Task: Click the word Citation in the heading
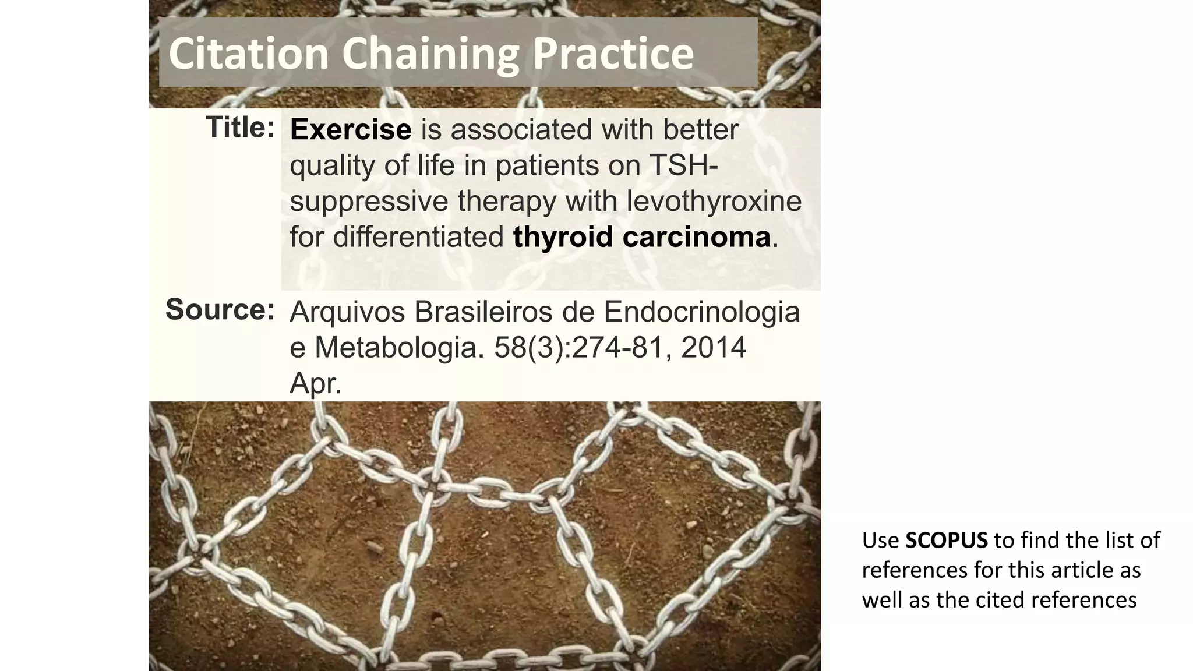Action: [x=249, y=54]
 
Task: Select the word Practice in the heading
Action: [x=613, y=54]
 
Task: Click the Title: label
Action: [x=239, y=128]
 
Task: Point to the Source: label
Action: [x=220, y=309]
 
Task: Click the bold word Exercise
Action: [x=350, y=129]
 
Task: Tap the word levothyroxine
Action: [x=714, y=202]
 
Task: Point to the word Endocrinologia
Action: [x=701, y=312]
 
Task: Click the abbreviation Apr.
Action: [x=315, y=384]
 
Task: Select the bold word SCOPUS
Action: [x=946, y=541]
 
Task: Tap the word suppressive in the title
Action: [x=369, y=202]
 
